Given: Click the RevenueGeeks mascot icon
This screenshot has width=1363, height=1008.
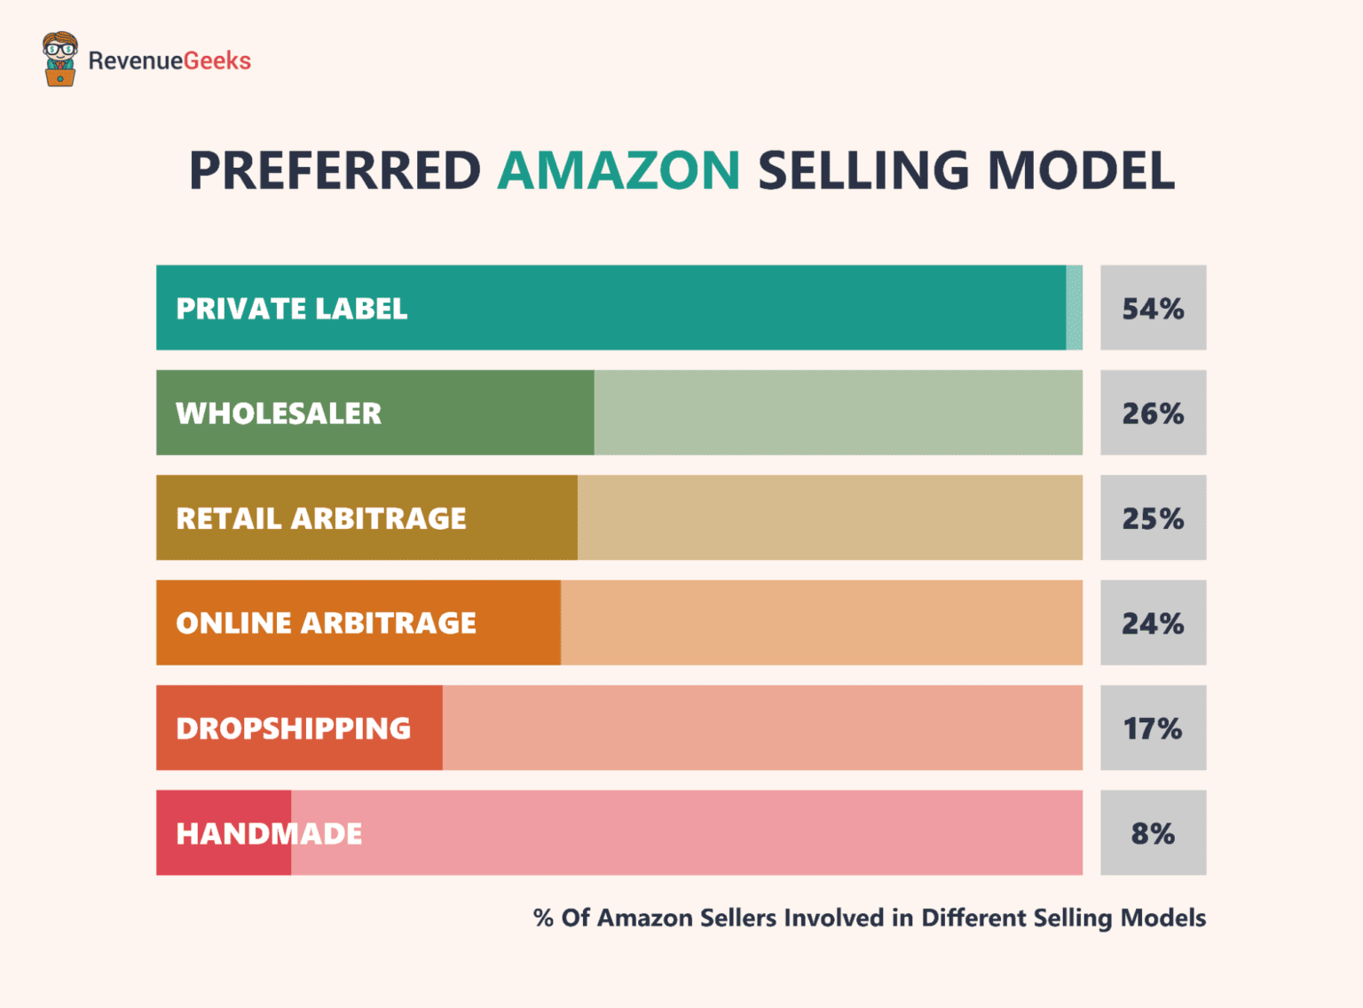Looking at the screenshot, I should coord(59,59).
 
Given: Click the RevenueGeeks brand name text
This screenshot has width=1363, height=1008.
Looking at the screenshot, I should coord(169,60).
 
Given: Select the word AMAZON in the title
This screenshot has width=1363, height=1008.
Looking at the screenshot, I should coord(618,170).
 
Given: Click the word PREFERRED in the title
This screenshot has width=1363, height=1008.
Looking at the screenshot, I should coord(335,170).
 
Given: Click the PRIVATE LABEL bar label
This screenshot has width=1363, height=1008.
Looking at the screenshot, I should coord(292,309).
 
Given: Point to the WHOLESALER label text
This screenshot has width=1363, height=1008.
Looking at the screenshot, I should coord(279,413).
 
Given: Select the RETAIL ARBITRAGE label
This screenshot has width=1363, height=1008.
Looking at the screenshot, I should coord(321,518).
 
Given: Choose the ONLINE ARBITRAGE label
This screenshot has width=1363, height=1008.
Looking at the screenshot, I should coord(327,623).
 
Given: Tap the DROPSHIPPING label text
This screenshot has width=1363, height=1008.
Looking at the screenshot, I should coord(294,728).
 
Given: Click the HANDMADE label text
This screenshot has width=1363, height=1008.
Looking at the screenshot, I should coord(269,834).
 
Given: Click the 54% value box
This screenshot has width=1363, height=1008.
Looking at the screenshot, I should coord(1153,308).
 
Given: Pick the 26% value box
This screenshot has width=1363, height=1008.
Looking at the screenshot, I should coord(1153,413).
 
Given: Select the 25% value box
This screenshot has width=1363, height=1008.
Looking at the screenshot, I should coord(1153,517).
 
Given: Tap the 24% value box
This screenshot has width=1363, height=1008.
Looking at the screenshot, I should coord(1153,623).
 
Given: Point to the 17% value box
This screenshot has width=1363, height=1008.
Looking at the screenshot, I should coord(1153,728).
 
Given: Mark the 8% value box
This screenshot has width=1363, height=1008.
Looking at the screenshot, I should coord(1153,833).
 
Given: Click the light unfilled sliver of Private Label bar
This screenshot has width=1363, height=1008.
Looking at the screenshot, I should coord(1074,308).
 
